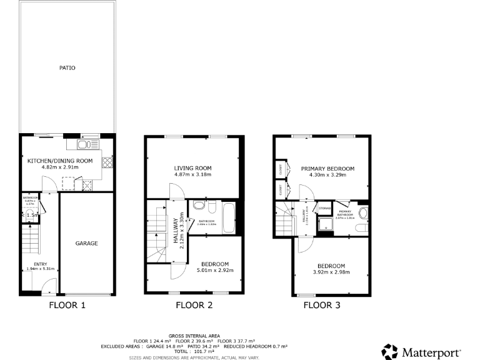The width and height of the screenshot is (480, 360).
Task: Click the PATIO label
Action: coord(67,67)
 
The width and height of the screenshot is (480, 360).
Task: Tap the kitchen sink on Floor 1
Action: coord(84,145)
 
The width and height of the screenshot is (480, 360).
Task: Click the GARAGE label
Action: coord(87,243)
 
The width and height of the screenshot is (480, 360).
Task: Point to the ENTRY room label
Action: coord(41,264)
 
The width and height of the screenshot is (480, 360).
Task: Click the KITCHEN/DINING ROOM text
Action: coord(60,161)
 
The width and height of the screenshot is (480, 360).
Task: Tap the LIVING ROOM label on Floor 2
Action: coord(192,167)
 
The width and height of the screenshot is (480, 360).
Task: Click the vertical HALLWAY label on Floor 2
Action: coord(176,231)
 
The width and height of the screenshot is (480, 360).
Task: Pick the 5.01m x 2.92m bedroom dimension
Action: coord(215,271)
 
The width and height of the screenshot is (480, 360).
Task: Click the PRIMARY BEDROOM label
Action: coord(327,169)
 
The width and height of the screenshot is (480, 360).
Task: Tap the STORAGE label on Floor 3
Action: coord(324,208)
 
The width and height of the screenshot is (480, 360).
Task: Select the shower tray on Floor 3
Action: coord(326,223)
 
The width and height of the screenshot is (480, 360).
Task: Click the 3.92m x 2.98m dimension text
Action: coord(331,272)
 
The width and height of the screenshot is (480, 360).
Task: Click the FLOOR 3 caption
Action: coord(322,306)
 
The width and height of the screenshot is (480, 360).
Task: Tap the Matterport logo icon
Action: coord(389,351)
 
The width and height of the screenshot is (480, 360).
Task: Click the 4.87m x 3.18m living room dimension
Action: coord(192,174)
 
